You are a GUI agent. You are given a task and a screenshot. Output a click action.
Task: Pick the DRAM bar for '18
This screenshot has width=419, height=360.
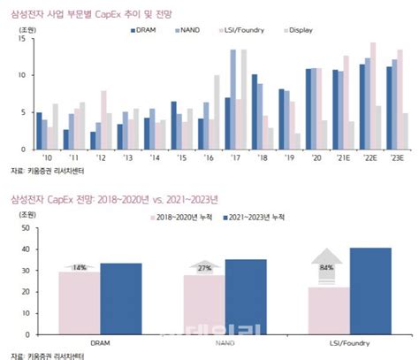pos(255,112)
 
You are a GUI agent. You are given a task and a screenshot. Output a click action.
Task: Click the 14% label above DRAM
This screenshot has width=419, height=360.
pos(79,266)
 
